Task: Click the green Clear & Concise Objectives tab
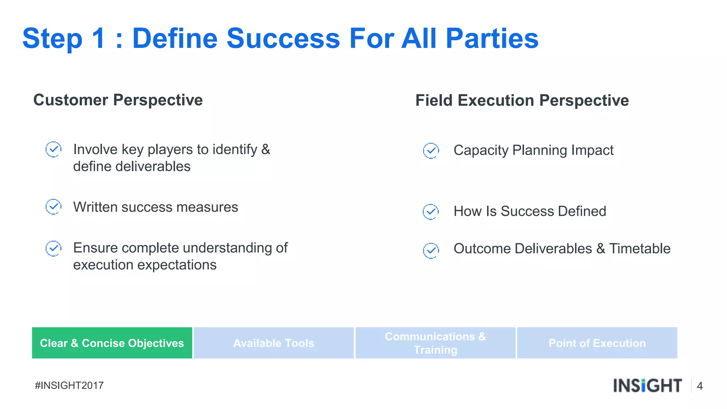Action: (112, 343)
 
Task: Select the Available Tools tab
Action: (273, 343)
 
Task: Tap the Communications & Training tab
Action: (435, 343)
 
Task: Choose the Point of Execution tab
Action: (597, 343)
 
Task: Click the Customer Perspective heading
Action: (118, 100)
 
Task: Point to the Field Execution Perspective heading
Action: (522, 100)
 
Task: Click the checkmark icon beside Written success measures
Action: (54, 207)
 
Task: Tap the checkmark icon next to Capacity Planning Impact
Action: (431, 151)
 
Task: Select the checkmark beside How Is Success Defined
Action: (431, 212)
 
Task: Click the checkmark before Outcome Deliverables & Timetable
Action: (431, 251)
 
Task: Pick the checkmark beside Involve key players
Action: (54, 149)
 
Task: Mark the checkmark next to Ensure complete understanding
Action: (54, 248)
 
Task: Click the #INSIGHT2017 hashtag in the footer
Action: (69, 386)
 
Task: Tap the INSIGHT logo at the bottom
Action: (647, 386)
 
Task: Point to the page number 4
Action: (700, 386)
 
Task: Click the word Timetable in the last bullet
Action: (640, 249)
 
